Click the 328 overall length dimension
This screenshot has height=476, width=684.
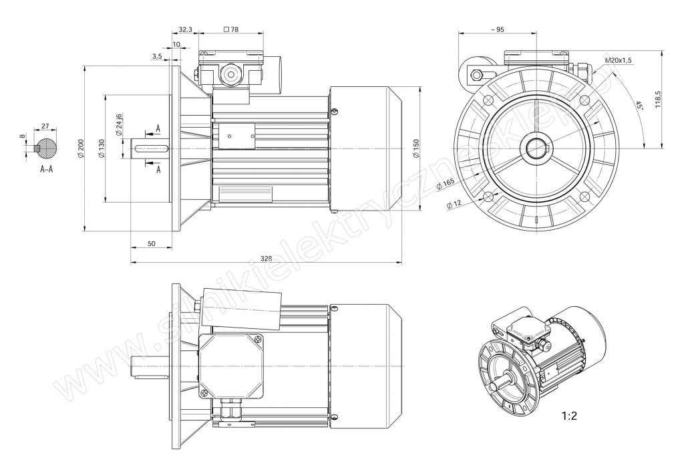pyautogui.click(x=266, y=258)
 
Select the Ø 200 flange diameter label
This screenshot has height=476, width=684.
pyautogui.click(x=80, y=148)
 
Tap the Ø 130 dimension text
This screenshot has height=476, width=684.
pyautogui.click(x=102, y=148)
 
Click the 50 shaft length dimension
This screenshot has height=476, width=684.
pyautogui.click(x=152, y=243)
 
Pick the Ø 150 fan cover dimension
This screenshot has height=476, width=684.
pyautogui.click(x=415, y=148)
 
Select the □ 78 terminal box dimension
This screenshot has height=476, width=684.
pyautogui.click(x=230, y=29)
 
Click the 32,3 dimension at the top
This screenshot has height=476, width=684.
pyautogui.click(x=185, y=29)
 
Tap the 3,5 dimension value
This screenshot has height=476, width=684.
pyautogui.click(x=158, y=56)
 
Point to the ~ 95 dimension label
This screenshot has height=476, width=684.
pyautogui.click(x=497, y=29)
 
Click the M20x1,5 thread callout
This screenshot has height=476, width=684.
pyautogui.click(x=618, y=60)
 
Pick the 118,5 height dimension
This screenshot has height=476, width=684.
pyautogui.click(x=658, y=99)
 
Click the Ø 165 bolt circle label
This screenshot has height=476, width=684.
pyautogui.click(x=444, y=185)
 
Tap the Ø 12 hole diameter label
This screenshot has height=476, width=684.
pyautogui.click(x=454, y=203)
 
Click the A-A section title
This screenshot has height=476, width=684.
pyautogui.click(x=47, y=169)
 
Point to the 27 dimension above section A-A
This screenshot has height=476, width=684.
pyautogui.click(x=45, y=126)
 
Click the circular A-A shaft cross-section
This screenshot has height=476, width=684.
pyautogui.click(x=46, y=148)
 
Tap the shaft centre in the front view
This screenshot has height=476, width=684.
pyautogui.click(x=536, y=148)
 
